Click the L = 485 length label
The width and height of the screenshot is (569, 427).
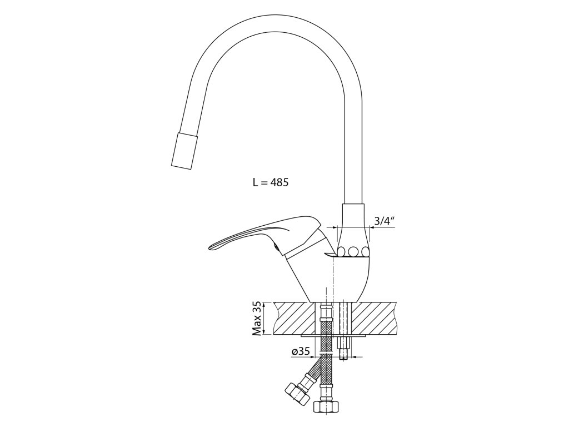tap(271, 182)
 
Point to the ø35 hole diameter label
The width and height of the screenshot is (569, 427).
tap(300, 351)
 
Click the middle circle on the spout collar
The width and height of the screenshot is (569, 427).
tap(353, 251)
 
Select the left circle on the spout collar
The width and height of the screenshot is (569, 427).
tap(342, 251)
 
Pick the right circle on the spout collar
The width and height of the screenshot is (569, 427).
tap(364, 251)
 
